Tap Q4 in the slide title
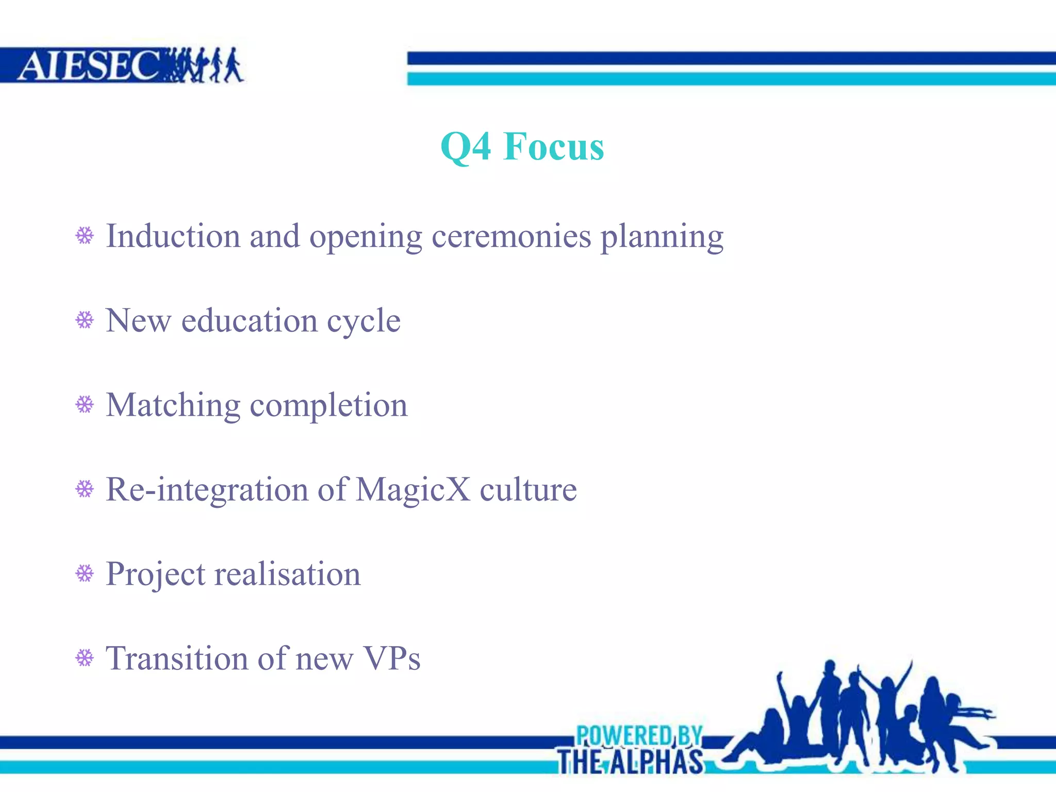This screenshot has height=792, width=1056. tap(466, 147)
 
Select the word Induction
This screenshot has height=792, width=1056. tap(173, 237)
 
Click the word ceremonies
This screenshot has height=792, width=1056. tap(511, 237)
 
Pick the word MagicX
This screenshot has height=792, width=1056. tap(412, 490)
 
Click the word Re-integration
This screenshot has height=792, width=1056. tap(207, 490)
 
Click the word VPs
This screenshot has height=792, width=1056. tap(392, 658)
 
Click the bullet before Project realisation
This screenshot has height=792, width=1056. tap(85, 573)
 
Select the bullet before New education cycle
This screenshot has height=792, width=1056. tap(85, 320)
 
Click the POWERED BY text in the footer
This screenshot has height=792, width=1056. tap(639, 735)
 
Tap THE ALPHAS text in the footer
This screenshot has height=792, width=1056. tap(630, 762)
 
